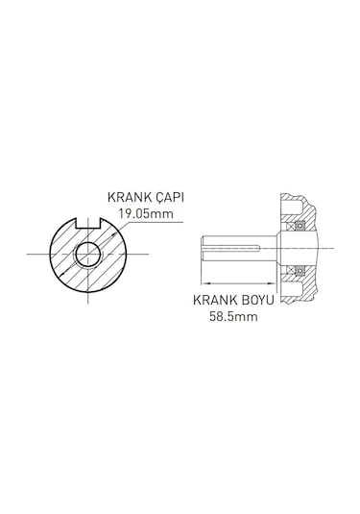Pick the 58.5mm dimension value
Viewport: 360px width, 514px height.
(x=234, y=314)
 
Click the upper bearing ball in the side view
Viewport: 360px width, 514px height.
(x=299, y=227)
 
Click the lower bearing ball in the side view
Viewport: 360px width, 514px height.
(x=299, y=270)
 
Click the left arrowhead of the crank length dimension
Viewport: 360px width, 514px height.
(x=205, y=283)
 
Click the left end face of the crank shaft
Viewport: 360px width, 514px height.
(x=203, y=248)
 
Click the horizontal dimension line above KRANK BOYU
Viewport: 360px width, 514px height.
(x=239, y=283)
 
